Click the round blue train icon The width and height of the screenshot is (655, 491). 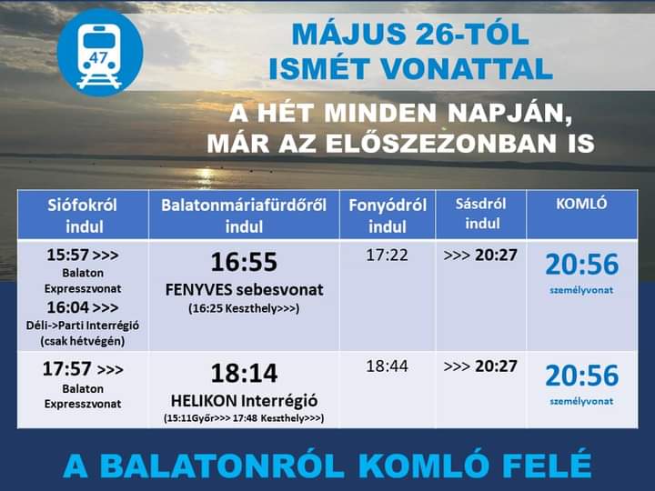[x=100, y=53]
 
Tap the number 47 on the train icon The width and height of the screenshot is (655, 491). [x=98, y=57]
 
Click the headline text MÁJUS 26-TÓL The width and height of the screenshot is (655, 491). [x=410, y=34]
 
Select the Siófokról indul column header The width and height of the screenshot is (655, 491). [x=83, y=215]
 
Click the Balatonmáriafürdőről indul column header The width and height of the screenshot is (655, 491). [x=244, y=215]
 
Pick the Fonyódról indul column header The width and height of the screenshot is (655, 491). [x=388, y=215]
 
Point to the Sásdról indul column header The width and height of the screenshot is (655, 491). [x=481, y=214]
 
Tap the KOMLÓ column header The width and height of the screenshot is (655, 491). [x=581, y=204]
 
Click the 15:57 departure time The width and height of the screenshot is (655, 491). [x=67, y=255]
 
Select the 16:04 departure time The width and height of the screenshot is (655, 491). [x=67, y=307]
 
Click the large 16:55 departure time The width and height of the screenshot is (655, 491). [x=244, y=262]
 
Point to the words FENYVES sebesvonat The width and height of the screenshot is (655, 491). [x=245, y=290]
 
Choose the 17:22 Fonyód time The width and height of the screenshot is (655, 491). [x=387, y=255]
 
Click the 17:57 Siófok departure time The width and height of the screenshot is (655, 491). [x=66, y=368]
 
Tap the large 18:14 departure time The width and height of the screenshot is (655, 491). [x=244, y=373]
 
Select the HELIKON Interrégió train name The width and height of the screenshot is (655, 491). [x=245, y=401]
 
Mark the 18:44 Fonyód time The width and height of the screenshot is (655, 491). [x=387, y=366]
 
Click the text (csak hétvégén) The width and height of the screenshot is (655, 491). [x=83, y=341]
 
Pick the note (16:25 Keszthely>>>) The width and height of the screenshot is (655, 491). [x=244, y=308]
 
